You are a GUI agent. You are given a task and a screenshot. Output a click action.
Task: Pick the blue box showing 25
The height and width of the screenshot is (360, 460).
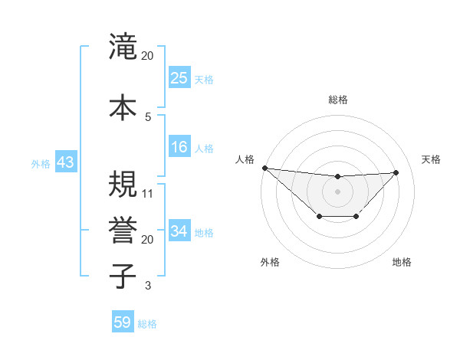click(x=179, y=77)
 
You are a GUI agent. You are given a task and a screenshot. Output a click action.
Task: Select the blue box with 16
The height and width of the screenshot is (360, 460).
click(x=179, y=147)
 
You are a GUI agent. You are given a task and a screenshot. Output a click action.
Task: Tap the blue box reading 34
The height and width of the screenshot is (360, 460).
click(x=179, y=231)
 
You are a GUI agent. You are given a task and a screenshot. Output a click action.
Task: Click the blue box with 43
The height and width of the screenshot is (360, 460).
click(x=65, y=163)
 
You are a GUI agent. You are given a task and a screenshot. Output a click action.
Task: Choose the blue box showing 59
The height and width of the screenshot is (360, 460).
click(x=123, y=322)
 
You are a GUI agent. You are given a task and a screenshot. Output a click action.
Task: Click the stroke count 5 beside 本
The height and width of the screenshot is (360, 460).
click(x=148, y=116)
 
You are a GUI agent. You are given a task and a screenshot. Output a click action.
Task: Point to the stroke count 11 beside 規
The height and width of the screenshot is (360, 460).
click(x=148, y=193)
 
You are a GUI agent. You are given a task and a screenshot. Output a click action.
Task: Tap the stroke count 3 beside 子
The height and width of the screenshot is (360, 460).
click(x=148, y=286)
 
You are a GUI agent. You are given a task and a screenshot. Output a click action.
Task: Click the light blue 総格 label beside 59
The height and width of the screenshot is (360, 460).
click(x=147, y=324)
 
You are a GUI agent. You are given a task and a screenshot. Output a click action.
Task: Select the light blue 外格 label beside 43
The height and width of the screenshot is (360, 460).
click(x=40, y=164)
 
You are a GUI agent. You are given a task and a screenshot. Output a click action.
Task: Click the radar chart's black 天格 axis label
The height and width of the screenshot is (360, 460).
click(x=431, y=159)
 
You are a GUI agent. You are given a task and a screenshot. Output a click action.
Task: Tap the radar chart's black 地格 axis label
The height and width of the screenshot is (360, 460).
click(x=402, y=263)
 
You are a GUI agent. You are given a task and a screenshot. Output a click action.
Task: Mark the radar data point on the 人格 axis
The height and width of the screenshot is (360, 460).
click(x=264, y=168)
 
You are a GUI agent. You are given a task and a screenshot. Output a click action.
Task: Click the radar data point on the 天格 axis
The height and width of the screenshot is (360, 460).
click(x=396, y=172)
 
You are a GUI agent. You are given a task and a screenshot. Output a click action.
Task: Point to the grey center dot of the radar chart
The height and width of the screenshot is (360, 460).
click(x=337, y=191)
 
